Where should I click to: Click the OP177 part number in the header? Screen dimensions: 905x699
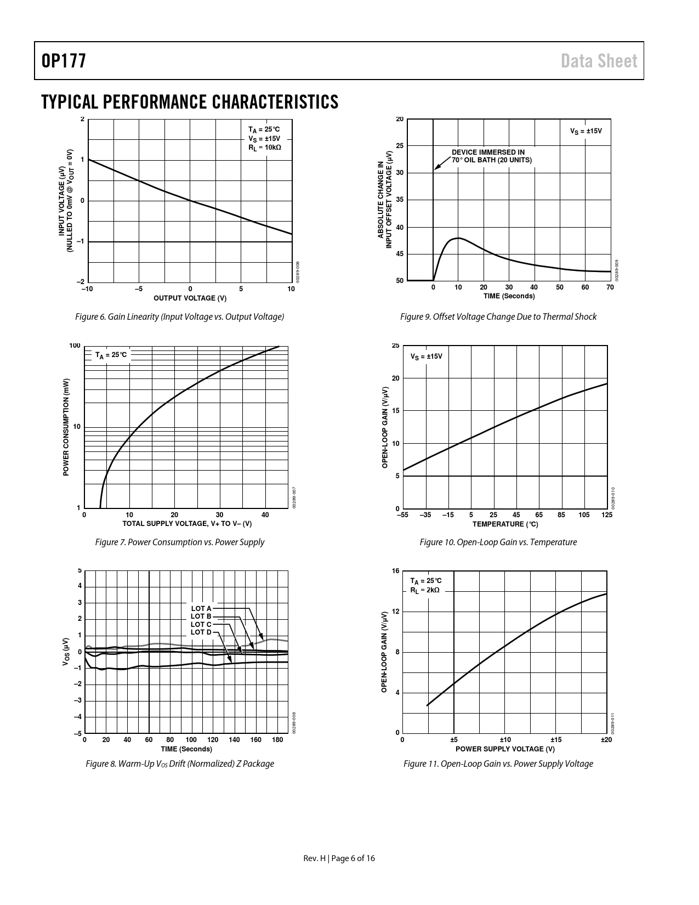(x=64, y=61)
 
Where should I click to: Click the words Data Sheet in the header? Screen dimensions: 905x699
(x=599, y=61)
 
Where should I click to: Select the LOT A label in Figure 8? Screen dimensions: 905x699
(x=201, y=608)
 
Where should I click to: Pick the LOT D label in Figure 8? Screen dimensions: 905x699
(x=201, y=632)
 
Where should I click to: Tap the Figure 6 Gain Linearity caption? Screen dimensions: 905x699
(x=179, y=316)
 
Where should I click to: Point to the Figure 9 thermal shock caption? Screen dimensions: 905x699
(x=498, y=316)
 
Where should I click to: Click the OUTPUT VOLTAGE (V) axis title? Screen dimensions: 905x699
(x=190, y=298)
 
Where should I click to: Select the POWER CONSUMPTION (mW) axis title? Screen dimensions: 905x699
(x=66, y=427)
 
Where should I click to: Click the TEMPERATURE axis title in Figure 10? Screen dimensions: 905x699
(x=505, y=524)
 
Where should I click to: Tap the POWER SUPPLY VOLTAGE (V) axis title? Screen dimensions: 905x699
(x=505, y=749)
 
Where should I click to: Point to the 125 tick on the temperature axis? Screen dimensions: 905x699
(x=607, y=515)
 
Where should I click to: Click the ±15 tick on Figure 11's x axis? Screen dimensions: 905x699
(x=556, y=740)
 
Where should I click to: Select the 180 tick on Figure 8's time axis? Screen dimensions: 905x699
(x=277, y=740)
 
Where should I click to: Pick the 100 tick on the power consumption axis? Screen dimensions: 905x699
(x=75, y=346)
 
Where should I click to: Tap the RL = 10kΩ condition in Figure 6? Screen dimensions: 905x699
(x=265, y=147)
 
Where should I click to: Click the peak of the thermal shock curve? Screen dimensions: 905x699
(x=458, y=238)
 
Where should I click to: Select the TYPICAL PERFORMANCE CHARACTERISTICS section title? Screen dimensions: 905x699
(x=190, y=102)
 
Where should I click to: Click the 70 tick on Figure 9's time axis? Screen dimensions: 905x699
(x=610, y=287)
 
